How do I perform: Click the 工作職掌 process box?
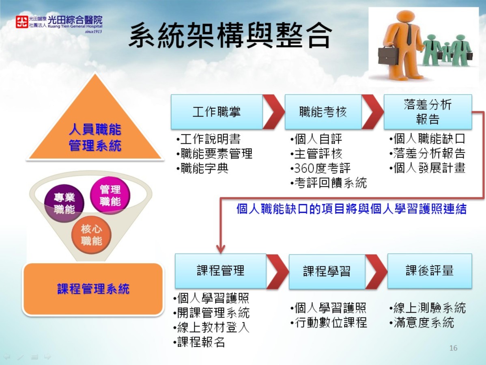coord(217,112)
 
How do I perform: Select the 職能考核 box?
coord(323,112)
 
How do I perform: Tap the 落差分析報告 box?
coord(428,112)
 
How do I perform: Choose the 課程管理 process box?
coord(221,271)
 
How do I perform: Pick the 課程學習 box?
coord(327,271)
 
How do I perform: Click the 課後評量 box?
coord(430,271)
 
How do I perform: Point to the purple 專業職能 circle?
coord(64,203)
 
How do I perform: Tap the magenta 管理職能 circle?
coord(110,195)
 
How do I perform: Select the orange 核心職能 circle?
coord(91,235)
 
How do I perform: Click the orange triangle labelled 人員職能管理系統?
coord(95,130)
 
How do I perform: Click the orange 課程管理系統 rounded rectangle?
coord(93,289)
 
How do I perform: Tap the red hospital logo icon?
coord(22,22)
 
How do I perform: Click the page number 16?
coord(453,348)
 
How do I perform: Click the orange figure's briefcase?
coord(388,56)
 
